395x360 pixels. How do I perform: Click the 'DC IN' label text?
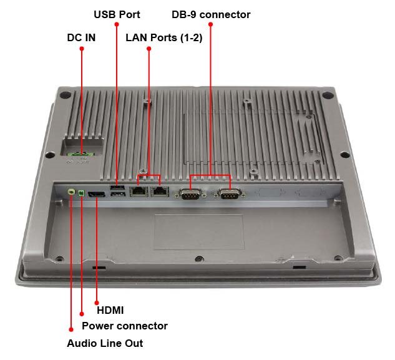coord(81,37)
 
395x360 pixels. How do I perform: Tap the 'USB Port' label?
coord(117,14)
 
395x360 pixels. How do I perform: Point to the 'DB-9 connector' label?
coord(211,14)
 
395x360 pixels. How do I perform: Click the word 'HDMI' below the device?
coord(110,310)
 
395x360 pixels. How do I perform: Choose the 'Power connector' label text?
coord(125,326)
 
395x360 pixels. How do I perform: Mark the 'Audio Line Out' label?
coord(105,343)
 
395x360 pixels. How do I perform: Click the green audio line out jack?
coord(71,193)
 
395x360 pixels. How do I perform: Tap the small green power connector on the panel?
coord(82,193)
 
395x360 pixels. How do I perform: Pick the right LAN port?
coord(161,192)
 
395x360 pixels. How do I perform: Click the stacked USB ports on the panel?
coord(117,192)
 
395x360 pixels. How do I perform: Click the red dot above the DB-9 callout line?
coord(211,25)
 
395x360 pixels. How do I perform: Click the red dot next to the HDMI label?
coord(97,299)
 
